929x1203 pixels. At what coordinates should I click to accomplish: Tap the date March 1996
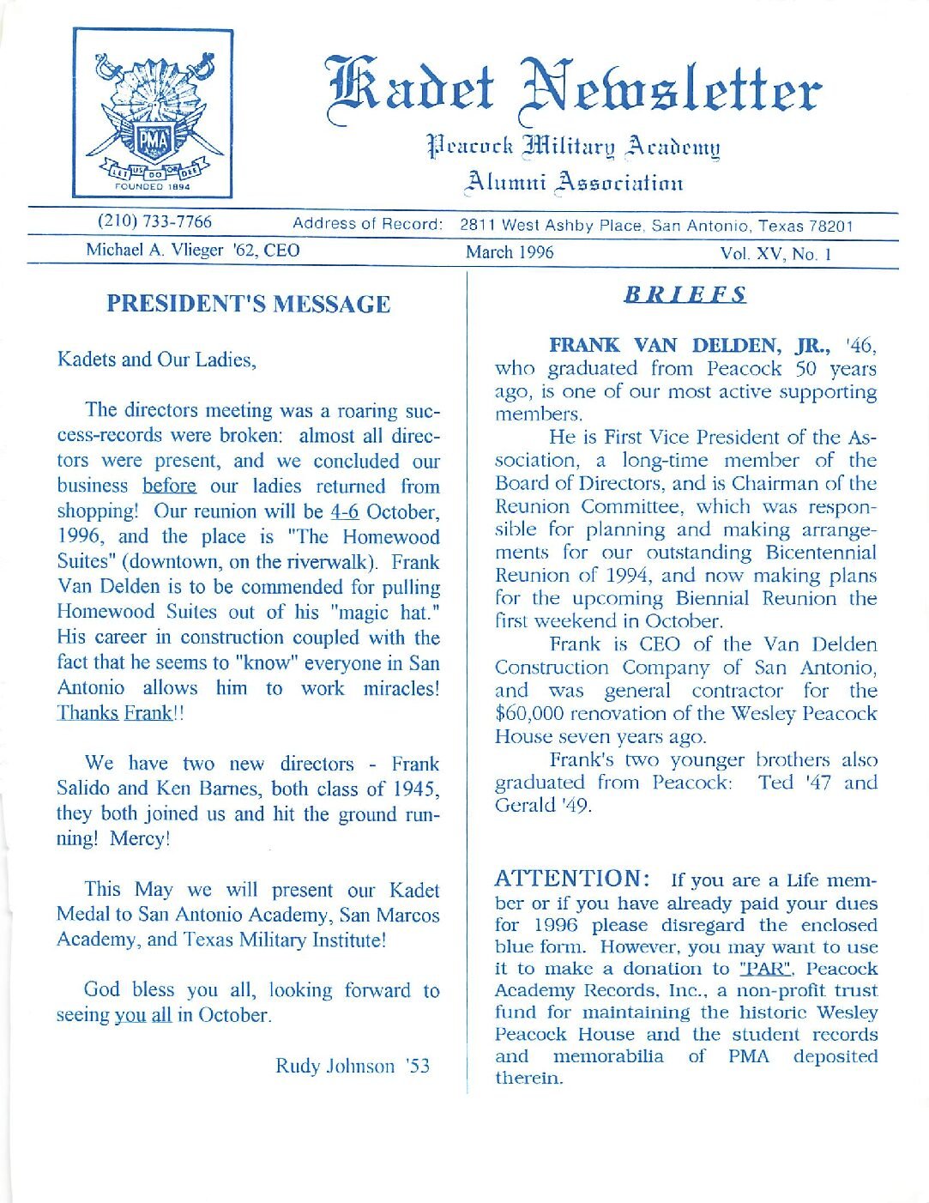pyautogui.click(x=510, y=252)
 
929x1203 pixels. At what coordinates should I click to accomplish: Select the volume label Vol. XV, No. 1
pyautogui.click(x=775, y=254)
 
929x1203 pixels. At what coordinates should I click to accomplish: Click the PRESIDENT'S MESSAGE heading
pyautogui.click(x=248, y=304)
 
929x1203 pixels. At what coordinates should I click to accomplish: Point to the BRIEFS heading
pyautogui.click(x=685, y=294)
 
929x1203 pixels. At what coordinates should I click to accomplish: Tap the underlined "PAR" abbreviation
pyautogui.click(x=766, y=969)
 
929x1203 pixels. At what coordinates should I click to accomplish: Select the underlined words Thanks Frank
pyautogui.click(x=114, y=714)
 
